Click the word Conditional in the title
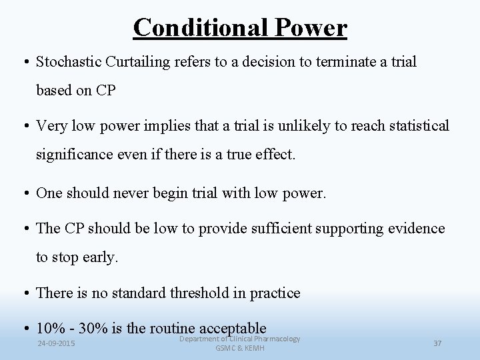coord(190,28)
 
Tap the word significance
coord(74,155)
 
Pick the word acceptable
coord(231,328)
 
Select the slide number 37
coord(437,343)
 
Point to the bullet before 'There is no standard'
coord(27,293)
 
